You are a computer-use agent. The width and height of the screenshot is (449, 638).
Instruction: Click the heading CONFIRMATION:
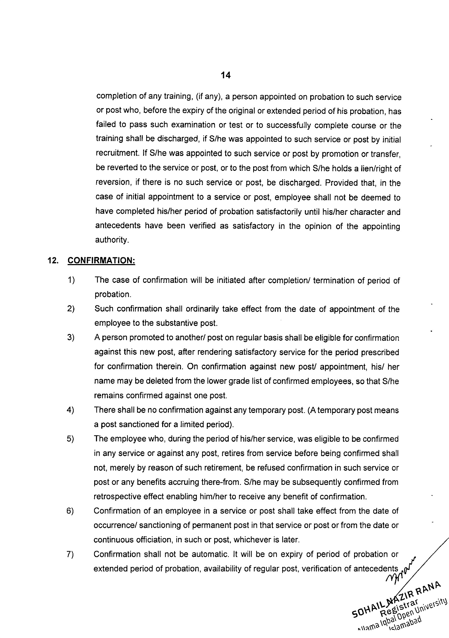coord(101,261)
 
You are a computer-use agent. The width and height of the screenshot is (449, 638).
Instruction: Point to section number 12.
coord(53,261)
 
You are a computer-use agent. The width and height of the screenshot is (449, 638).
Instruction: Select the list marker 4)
coord(70,410)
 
